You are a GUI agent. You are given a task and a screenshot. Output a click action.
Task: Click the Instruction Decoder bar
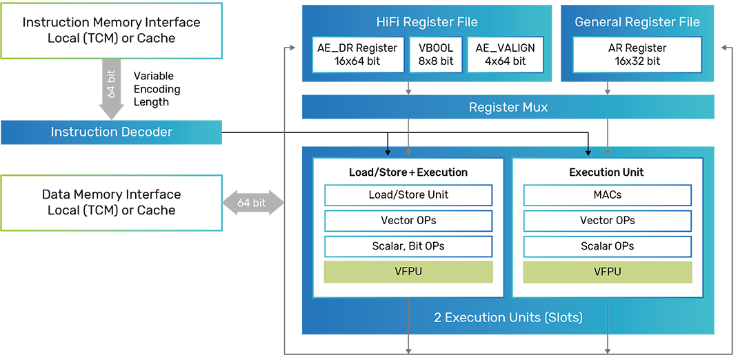(x=111, y=132)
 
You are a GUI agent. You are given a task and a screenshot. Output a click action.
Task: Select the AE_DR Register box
(x=358, y=54)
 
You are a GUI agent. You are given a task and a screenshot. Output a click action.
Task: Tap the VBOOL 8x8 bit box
(x=436, y=54)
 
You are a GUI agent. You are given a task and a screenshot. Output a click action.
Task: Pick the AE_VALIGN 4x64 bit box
(x=505, y=54)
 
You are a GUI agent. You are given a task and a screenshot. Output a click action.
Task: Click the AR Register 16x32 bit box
(x=637, y=54)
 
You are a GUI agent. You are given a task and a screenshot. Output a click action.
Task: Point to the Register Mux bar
(x=508, y=107)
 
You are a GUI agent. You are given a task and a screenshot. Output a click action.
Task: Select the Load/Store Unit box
(x=408, y=194)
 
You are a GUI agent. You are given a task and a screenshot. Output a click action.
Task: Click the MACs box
(x=607, y=194)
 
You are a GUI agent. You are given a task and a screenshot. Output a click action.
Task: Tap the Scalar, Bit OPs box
(x=408, y=246)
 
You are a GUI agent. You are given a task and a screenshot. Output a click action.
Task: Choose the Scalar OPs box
(x=607, y=246)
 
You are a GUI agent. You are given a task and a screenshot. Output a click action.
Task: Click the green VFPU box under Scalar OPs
(x=607, y=272)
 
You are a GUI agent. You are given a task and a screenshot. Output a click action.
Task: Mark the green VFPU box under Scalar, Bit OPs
(x=408, y=272)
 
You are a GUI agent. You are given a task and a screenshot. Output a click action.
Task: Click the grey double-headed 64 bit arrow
(x=253, y=203)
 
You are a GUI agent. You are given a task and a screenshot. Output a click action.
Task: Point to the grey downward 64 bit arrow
(x=112, y=89)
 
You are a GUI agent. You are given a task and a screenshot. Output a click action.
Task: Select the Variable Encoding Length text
(x=157, y=89)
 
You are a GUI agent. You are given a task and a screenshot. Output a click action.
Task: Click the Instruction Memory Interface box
(x=111, y=30)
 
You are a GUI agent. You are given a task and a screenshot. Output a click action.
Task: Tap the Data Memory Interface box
(x=111, y=203)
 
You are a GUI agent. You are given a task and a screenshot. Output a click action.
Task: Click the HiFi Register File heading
(x=427, y=21)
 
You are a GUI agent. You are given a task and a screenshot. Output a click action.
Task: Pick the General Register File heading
(x=637, y=21)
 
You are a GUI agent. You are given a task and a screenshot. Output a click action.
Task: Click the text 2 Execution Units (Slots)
(x=508, y=317)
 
